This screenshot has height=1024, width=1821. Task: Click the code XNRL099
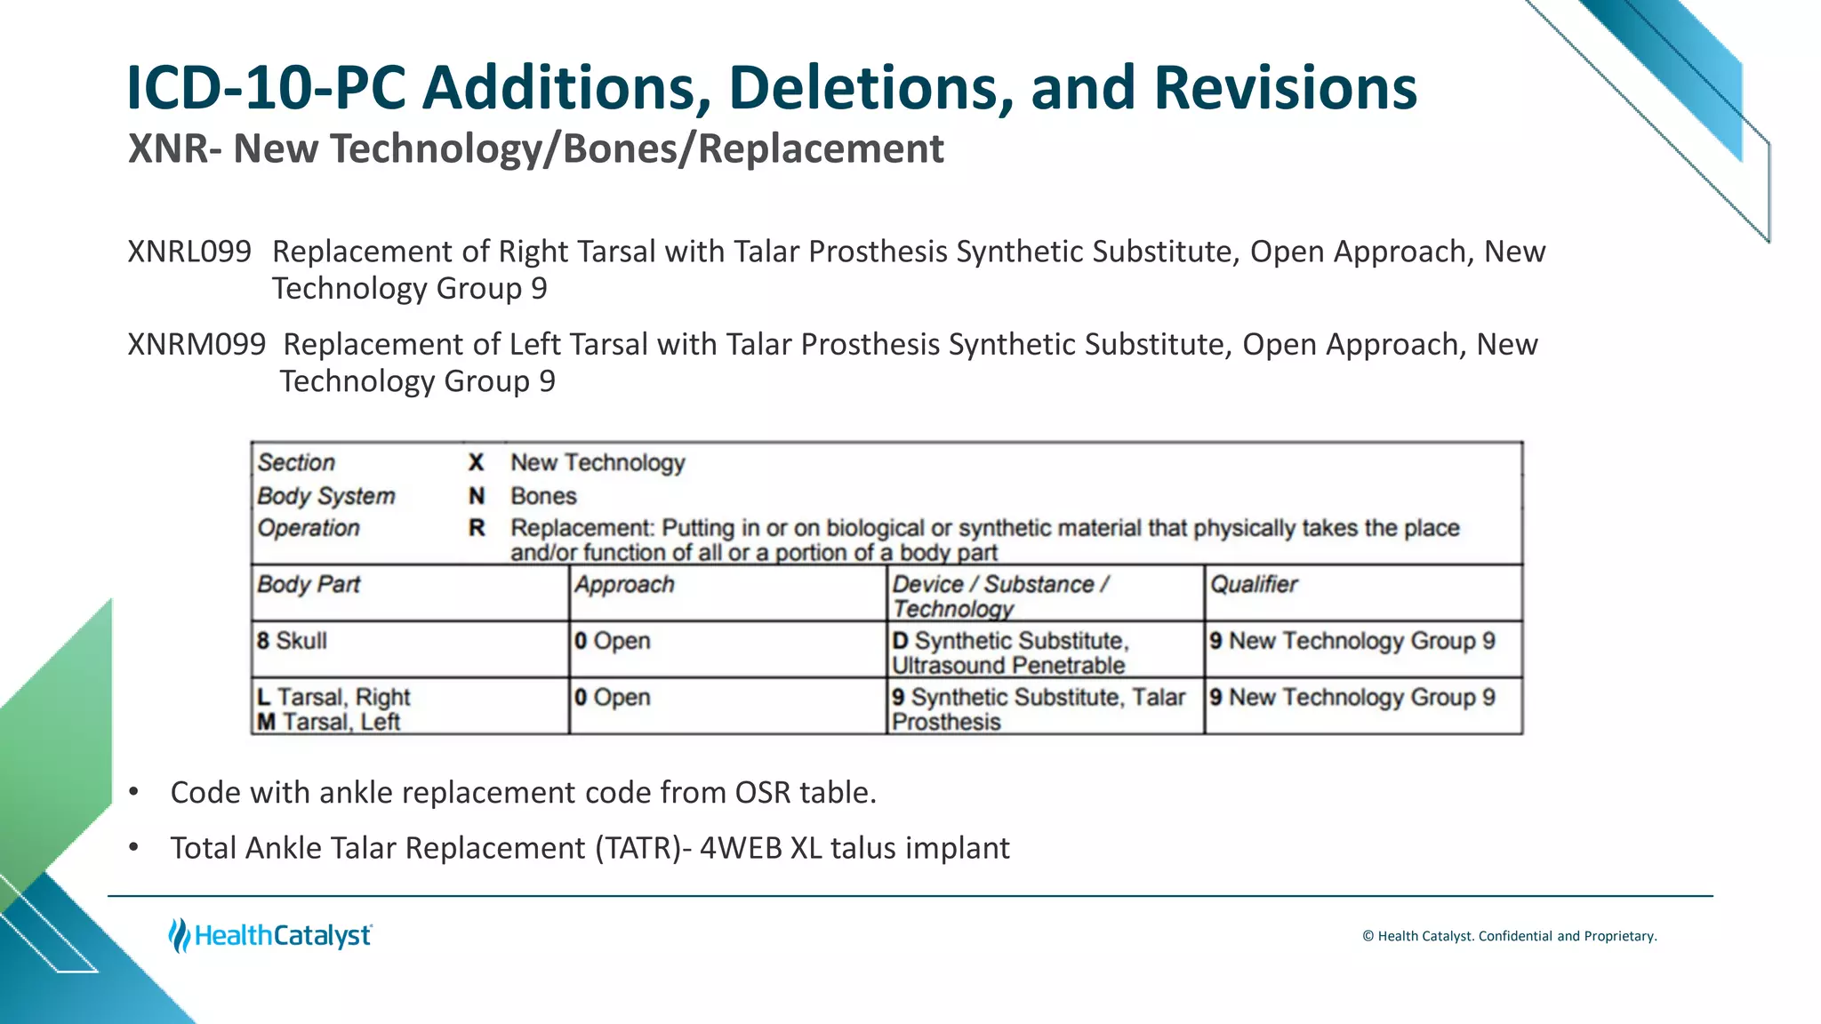point(189,252)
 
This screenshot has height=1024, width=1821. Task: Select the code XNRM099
point(197,344)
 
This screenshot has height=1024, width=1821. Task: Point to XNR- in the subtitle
point(174,148)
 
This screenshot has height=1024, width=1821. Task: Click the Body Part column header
point(309,585)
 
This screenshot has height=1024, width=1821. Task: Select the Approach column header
point(624,585)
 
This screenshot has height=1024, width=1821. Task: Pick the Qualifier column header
point(1254,585)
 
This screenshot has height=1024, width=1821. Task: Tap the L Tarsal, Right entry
point(333,697)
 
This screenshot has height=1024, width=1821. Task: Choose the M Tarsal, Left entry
point(329,722)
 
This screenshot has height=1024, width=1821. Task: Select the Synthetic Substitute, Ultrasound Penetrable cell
point(1010,653)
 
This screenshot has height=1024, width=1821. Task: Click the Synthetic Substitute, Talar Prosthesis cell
point(1038,709)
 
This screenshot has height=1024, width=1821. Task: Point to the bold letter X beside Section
point(476,463)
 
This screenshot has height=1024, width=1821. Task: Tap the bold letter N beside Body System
point(477,496)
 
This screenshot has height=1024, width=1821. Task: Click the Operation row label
point(309,528)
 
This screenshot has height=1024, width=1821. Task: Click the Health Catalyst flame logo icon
point(179,935)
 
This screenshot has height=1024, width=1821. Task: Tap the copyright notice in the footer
point(1509,936)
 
